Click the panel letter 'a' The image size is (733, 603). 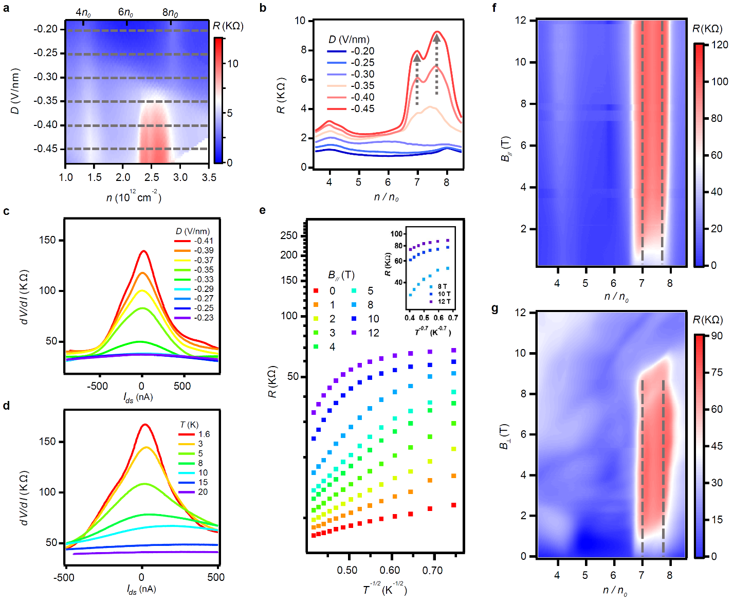pos(6,8)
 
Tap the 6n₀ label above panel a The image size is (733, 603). pos(126,12)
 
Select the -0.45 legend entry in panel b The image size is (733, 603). pos(362,109)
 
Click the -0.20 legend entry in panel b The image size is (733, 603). pos(362,51)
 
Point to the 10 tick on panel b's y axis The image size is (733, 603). pos(300,21)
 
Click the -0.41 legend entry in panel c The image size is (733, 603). pos(204,241)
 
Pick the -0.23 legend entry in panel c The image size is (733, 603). pos(204,318)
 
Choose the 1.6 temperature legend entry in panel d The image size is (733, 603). pos(204,434)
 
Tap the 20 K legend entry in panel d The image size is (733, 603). pos(203,492)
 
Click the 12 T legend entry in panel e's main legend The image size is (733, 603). pos(374,333)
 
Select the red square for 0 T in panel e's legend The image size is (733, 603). pos(316,291)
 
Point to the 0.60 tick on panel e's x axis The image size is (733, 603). pos(390,570)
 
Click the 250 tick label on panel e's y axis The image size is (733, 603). pos(289,235)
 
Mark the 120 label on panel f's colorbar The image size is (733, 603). pos(720,45)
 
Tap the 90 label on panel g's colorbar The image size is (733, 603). pos(717,336)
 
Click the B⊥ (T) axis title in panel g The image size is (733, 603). pos(504,436)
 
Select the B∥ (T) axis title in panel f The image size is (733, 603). pos(505,149)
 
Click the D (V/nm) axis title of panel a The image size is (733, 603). pos(15,92)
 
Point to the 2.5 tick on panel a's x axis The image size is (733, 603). pos(152,177)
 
